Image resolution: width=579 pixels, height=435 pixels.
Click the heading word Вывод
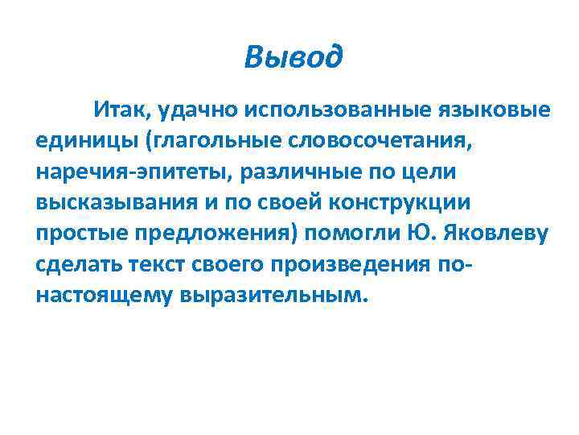pos(294,57)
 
